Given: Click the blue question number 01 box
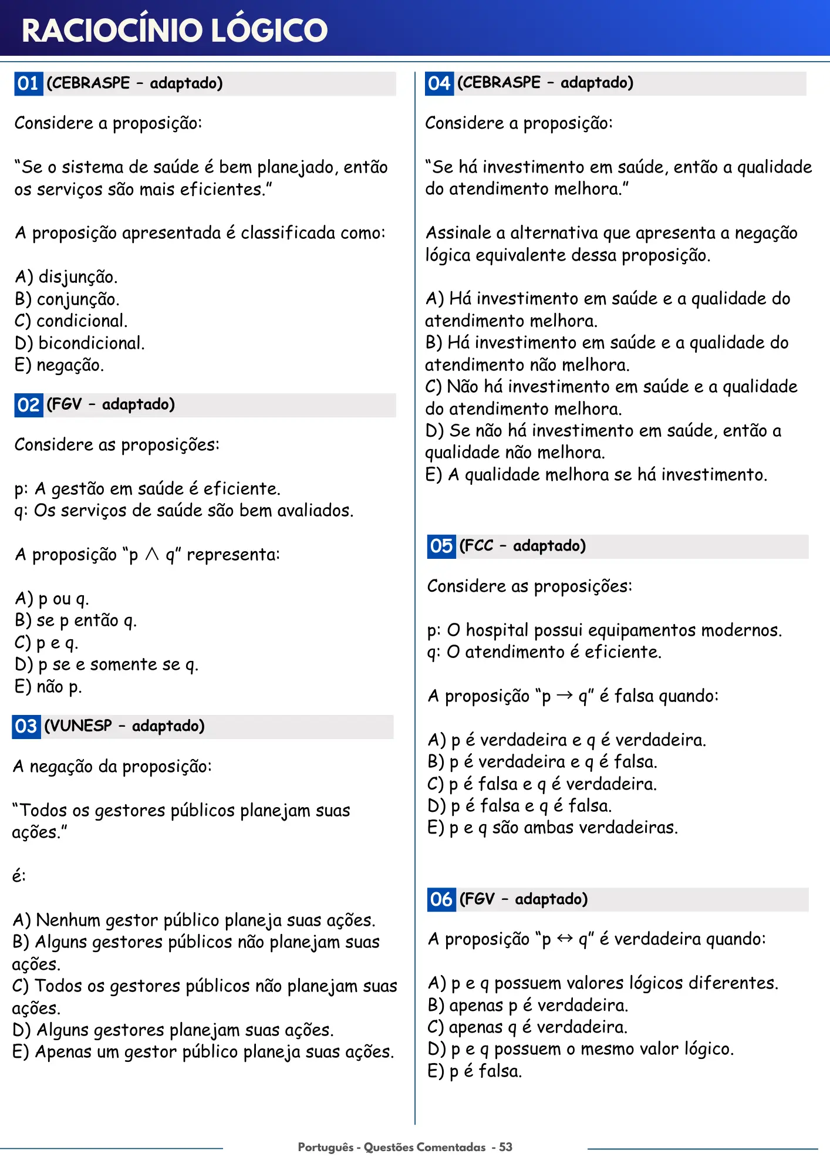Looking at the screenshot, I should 28,83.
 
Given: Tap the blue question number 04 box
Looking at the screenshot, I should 439,83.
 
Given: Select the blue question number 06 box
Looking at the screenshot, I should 441,899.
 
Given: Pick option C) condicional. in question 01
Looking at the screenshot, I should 71,321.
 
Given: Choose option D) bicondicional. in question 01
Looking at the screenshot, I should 80,343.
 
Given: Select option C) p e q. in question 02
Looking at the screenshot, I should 46,643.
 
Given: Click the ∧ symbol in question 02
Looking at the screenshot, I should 152,554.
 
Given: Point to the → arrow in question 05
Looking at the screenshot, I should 565,696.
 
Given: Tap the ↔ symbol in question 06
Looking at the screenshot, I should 565,939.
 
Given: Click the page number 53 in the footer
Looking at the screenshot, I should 505,1147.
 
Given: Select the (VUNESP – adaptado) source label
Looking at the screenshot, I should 124,726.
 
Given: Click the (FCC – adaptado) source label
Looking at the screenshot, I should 522,546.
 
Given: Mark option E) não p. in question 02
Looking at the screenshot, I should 48,687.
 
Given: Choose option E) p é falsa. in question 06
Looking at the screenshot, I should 474,1071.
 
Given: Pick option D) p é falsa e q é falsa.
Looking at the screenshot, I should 519,806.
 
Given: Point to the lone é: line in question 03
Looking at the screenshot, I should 19,876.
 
